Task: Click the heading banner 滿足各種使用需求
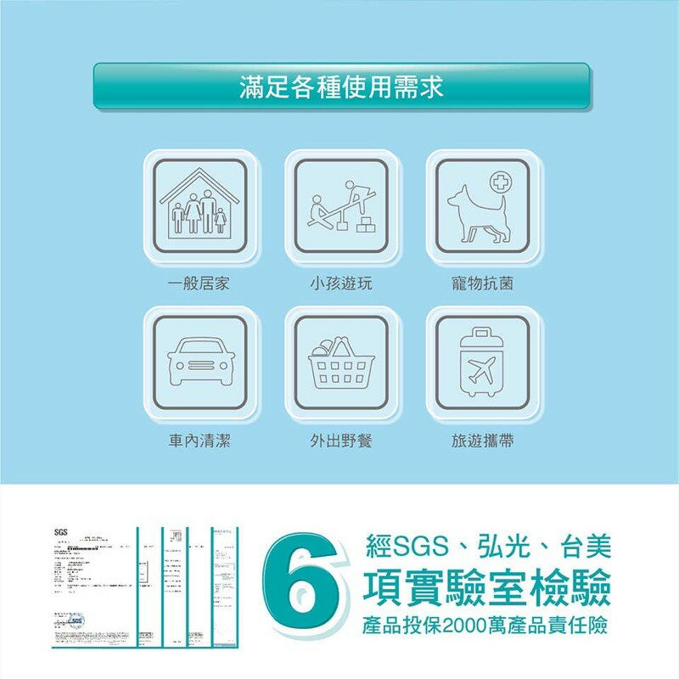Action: (x=341, y=86)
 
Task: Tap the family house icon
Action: (x=200, y=205)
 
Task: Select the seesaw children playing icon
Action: (x=341, y=206)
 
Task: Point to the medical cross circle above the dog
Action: (x=500, y=182)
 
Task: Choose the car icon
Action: (x=200, y=363)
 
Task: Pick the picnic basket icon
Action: (x=341, y=363)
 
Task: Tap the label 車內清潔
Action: (x=199, y=441)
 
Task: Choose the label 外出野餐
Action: (x=341, y=441)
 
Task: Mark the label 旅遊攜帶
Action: (x=482, y=441)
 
